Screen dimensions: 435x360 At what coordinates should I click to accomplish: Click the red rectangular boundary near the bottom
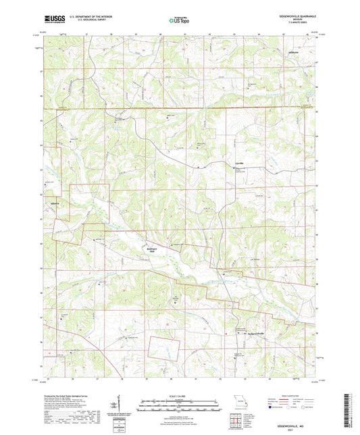(165, 347)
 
